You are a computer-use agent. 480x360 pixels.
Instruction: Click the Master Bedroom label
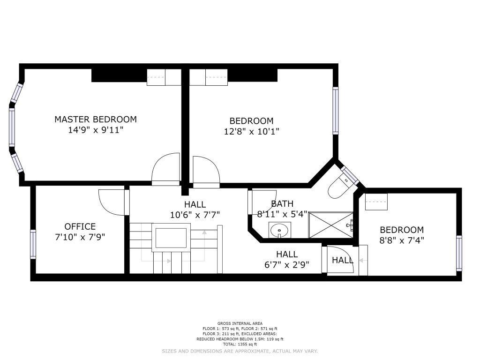point(96,119)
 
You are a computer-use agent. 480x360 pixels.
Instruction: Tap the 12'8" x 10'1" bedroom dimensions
point(251,131)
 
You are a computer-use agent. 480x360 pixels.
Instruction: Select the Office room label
point(80,226)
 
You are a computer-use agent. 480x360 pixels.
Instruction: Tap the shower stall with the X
point(330,225)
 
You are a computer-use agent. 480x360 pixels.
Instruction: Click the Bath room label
point(282,203)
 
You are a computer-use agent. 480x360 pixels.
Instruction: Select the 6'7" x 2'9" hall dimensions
point(287,264)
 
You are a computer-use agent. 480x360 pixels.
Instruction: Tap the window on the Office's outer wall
point(33,244)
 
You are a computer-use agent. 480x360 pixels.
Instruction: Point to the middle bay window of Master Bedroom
point(12,127)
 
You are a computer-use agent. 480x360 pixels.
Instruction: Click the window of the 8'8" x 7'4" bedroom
point(458,253)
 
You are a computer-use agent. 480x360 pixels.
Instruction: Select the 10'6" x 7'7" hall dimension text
point(195,215)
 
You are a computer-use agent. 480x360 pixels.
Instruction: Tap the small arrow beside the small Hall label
point(361,261)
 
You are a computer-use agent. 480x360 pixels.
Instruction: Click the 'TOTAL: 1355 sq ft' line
point(240,344)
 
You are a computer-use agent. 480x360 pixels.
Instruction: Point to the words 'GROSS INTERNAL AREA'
point(240,323)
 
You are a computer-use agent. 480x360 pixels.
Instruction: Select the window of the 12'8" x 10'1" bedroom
point(336,111)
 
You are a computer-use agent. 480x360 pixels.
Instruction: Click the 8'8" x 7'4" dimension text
point(402,240)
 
